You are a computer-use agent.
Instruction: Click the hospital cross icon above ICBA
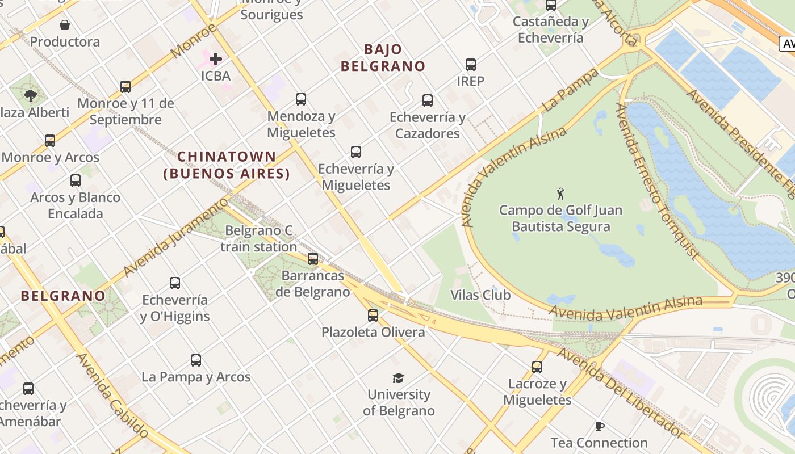(216, 58)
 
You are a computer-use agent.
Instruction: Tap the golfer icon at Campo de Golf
(561, 194)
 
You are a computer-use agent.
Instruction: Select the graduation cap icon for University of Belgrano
(398, 378)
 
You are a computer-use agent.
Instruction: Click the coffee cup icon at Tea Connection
(599, 426)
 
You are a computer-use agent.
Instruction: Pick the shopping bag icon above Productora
(65, 25)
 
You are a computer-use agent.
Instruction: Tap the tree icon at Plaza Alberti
(31, 96)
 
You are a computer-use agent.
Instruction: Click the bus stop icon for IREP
(471, 65)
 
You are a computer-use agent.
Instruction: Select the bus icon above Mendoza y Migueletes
(301, 99)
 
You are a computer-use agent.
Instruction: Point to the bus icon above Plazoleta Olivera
(373, 315)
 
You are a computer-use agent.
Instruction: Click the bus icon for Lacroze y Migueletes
(537, 367)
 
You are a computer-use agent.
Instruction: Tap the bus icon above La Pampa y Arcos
(196, 360)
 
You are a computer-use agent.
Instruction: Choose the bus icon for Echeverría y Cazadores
(428, 100)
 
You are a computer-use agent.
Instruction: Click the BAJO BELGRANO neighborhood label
(383, 57)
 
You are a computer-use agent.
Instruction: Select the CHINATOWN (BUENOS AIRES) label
(227, 165)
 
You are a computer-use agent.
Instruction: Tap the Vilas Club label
(480, 295)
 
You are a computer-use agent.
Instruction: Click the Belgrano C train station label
(258, 238)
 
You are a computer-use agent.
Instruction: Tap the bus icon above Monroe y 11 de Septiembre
(125, 87)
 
